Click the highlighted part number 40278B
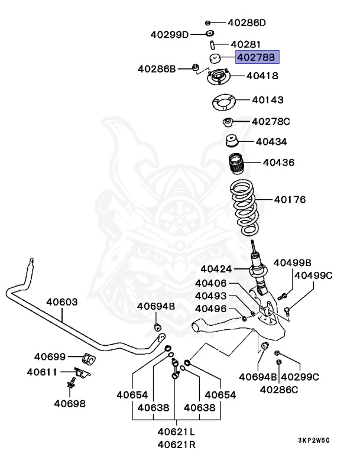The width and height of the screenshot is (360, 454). click(x=257, y=57)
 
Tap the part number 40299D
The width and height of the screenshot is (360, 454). click(x=168, y=34)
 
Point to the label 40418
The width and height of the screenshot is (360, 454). click(x=262, y=76)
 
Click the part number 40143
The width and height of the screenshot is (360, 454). click(x=268, y=100)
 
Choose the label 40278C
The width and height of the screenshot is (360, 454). click(x=271, y=122)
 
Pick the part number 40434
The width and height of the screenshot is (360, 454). click(x=271, y=142)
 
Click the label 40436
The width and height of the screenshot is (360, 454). click(x=278, y=162)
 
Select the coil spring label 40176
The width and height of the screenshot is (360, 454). click(x=290, y=200)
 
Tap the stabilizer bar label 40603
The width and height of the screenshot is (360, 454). click(x=62, y=302)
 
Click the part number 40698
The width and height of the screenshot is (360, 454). click(x=70, y=404)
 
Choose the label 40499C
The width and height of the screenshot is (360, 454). click(x=314, y=275)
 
